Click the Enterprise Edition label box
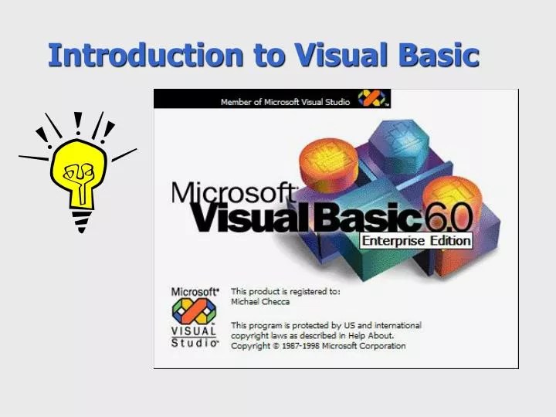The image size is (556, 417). click(x=416, y=240)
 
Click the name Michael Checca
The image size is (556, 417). click(x=260, y=302)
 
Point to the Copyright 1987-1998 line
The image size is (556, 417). click(x=318, y=346)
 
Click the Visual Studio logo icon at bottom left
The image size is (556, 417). click(x=194, y=311)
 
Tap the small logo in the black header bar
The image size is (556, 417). click(x=373, y=100)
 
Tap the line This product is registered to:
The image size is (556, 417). click(x=285, y=292)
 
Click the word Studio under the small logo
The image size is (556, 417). click(x=195, y=343)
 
